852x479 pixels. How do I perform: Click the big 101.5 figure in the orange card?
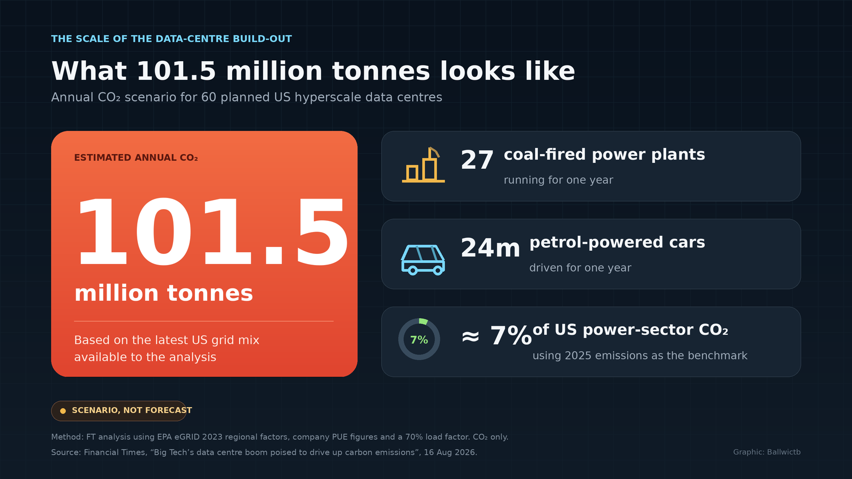click(211, 231)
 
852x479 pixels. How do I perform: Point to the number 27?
click(477, 160)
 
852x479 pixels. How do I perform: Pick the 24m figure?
click(490, 248)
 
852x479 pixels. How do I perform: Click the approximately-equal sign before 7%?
click(470, 336)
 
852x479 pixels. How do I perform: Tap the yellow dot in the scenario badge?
click(63, 411)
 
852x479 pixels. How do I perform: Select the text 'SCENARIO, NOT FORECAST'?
click(132, 410)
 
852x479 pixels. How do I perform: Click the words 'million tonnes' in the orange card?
click(163, 293)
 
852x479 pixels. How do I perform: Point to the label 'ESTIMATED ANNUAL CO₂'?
click(136, 158)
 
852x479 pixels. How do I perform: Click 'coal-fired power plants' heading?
click(604, 155)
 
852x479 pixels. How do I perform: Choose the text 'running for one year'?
click(559, 180)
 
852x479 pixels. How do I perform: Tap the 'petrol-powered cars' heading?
click(617, 243)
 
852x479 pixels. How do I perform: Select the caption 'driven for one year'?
click(580, 268)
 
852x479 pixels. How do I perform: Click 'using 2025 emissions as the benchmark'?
click(640, 356)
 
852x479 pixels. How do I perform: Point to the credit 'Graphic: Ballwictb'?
click(767, 452)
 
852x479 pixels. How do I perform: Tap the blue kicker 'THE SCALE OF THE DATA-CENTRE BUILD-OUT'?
click(171, 39)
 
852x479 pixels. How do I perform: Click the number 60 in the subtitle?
click(209, 97)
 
